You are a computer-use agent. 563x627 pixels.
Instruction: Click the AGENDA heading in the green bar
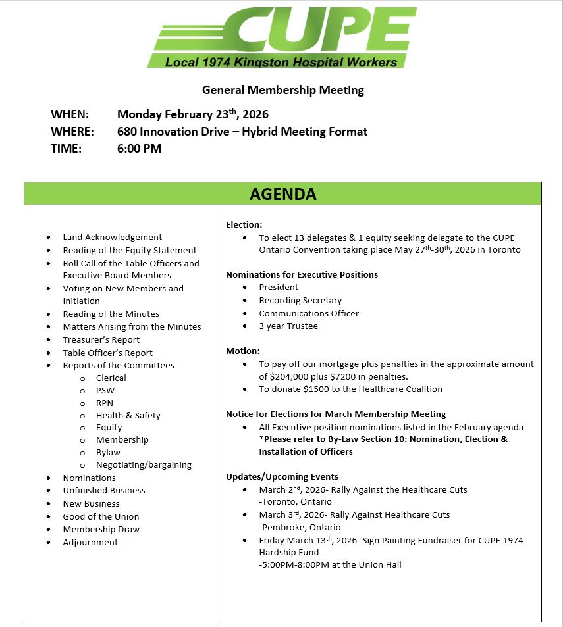(x=282, y=194)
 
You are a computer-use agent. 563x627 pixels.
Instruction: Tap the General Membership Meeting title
(x=282, y=90)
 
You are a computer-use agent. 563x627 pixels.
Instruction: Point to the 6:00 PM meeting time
(x=139, y=149)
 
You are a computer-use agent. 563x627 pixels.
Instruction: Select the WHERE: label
(x=72, y=132)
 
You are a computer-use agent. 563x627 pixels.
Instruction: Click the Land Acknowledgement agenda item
(x=112, y=237)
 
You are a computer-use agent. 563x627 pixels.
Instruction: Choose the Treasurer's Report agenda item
(x=101, y=339)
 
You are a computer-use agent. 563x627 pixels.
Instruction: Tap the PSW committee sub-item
(x=105, y=390)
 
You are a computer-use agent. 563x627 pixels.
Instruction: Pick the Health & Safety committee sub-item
(x=128, y=415)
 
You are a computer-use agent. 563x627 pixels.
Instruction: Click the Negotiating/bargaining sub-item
(x=144, y=464)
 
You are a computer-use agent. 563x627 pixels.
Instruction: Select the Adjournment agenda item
(x=90, y=542)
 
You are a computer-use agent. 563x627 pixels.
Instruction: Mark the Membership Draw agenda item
(x=101, y=529)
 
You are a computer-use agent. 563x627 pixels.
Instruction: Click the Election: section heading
(x=244, y=224)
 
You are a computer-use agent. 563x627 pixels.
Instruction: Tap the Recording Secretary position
(x=300, y=300)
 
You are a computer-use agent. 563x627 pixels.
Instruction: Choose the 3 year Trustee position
(x=288, y=326)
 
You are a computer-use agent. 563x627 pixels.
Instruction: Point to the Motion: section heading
(x=242, y=351)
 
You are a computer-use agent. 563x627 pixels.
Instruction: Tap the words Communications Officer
(x=309, y=313)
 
